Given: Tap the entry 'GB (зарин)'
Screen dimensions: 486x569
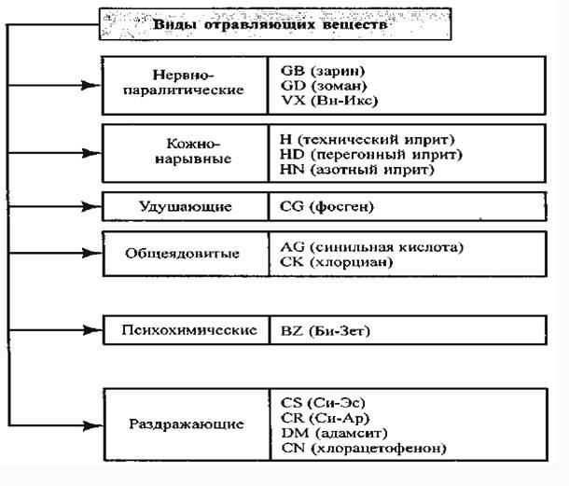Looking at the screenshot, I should [x=323, y=71].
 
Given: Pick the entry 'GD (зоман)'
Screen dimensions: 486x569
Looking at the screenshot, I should [x=323, y=84].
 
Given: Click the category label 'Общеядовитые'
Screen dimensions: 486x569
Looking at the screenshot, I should [x=182, y=254].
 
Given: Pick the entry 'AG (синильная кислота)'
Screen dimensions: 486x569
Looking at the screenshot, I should [x=371, y=246].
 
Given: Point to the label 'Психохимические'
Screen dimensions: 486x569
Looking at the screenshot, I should [x=189, y=331].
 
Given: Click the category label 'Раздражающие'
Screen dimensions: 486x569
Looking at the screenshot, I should [x=187, y=424].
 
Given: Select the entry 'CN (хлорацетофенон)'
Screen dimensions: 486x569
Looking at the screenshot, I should [x=363, y=449].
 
